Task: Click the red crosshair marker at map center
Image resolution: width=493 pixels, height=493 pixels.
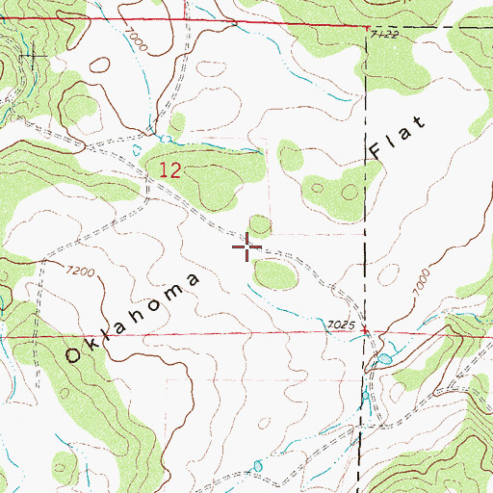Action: click(x=247, y=247)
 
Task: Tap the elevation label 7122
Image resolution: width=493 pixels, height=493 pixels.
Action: click(x=383, y=35)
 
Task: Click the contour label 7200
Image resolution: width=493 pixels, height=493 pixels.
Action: click(x=81, y=272)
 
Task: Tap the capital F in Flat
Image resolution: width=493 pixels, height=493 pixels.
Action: click(x=377, y=151)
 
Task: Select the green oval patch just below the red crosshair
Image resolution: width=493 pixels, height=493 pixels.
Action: click(x=274, y=275)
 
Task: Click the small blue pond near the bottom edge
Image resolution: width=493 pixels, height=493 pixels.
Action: click(x=256, y=467)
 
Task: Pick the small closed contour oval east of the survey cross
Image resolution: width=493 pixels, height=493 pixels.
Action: click(x=99, y=65)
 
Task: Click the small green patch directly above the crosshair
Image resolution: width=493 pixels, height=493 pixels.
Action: click(x=259, y=224)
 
